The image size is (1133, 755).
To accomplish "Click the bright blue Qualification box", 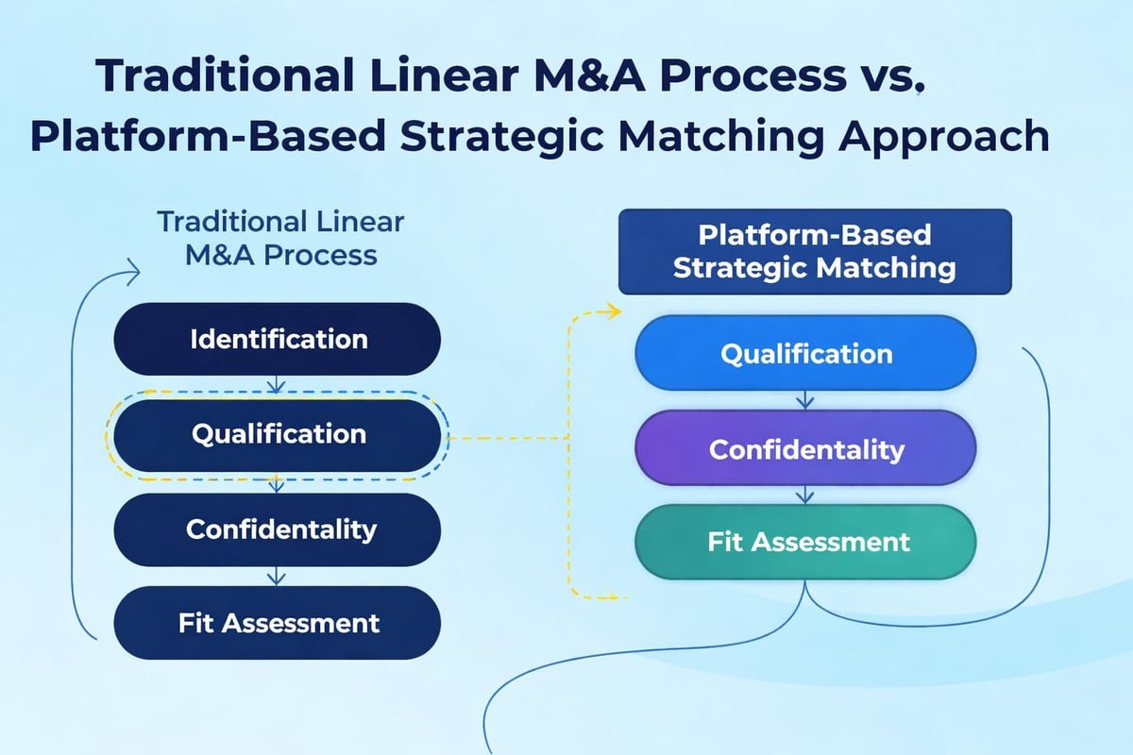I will coord(805,354).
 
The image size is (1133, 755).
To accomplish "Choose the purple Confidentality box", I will coord(805,449).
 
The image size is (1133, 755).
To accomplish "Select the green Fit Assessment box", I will coord(805,542).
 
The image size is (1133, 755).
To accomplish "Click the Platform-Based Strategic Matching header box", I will coord(814,251).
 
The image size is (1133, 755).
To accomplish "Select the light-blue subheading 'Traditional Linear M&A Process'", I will coord(280,238).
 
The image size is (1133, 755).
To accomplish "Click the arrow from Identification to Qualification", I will coord(276,386).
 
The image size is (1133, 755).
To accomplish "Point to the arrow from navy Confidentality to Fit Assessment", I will coord(276,576).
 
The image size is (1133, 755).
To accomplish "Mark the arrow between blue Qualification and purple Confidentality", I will coord(804,401).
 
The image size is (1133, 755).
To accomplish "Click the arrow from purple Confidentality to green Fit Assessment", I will coord(804,495).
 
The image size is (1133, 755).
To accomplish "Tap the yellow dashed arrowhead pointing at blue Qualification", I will coord(616,311).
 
